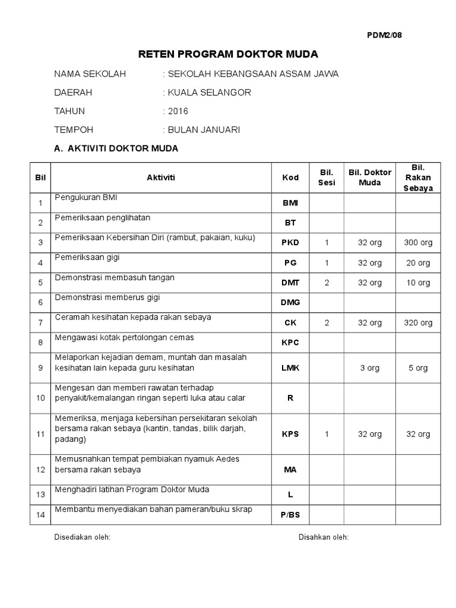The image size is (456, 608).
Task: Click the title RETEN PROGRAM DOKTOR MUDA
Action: [228, 55]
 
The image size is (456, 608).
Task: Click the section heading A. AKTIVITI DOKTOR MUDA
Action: [116, 148]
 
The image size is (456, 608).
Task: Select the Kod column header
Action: [290, 178]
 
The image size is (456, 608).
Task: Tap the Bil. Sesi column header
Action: [327, 178]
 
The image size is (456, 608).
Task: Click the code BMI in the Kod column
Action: [290, 203]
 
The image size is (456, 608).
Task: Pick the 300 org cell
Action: [418, 243]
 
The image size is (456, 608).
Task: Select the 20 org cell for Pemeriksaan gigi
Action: [418, 263]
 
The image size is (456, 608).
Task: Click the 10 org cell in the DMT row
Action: [418, 283]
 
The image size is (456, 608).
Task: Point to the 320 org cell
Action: [418, 323]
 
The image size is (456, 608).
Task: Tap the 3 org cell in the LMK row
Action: [369, 368]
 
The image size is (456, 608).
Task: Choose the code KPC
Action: [290, 343]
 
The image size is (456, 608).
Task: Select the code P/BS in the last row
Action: [290, 515]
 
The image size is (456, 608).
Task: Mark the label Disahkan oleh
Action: [324, 537]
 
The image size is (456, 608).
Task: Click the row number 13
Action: [40, 495]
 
